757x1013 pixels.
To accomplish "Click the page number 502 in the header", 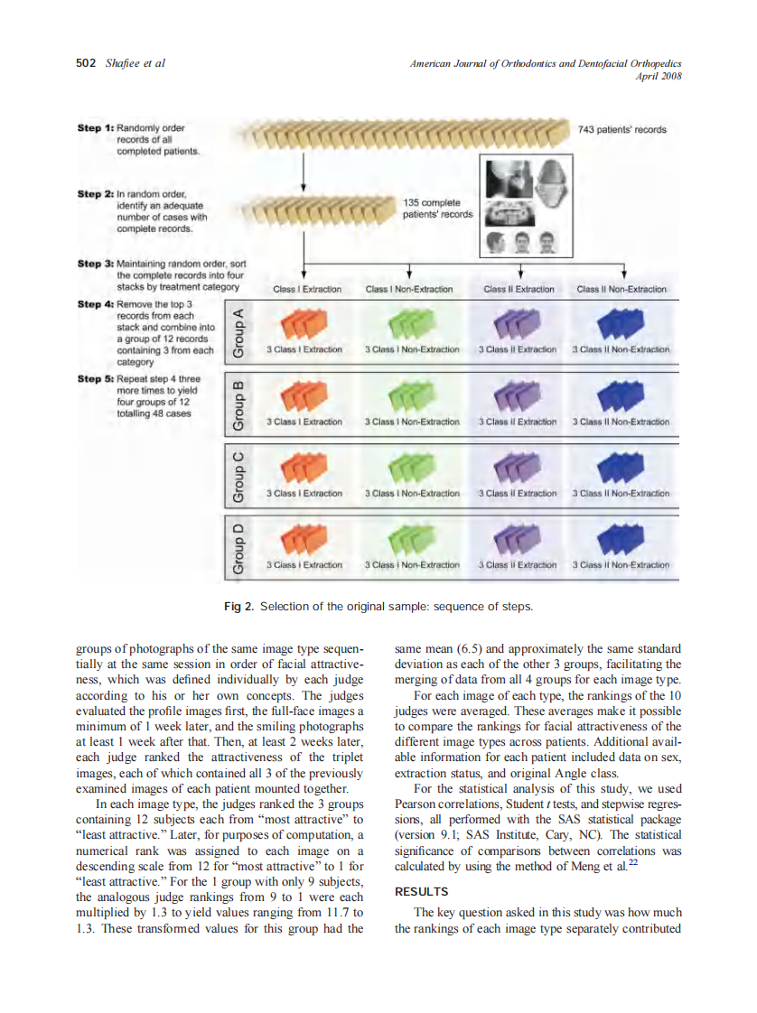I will [x=86, y=63].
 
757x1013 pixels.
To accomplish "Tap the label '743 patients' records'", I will [x=621, y=129].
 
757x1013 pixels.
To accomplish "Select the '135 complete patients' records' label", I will [x=437, y=209].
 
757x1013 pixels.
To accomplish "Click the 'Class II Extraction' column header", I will [x=519, y=289].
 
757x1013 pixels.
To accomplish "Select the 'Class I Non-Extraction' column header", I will [x=409, y=289].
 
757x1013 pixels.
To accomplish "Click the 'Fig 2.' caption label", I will [x=239, y=606].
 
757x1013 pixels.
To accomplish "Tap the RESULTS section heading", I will [x=422, y=892].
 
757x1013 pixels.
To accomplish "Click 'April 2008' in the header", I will [x=659, y=76].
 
